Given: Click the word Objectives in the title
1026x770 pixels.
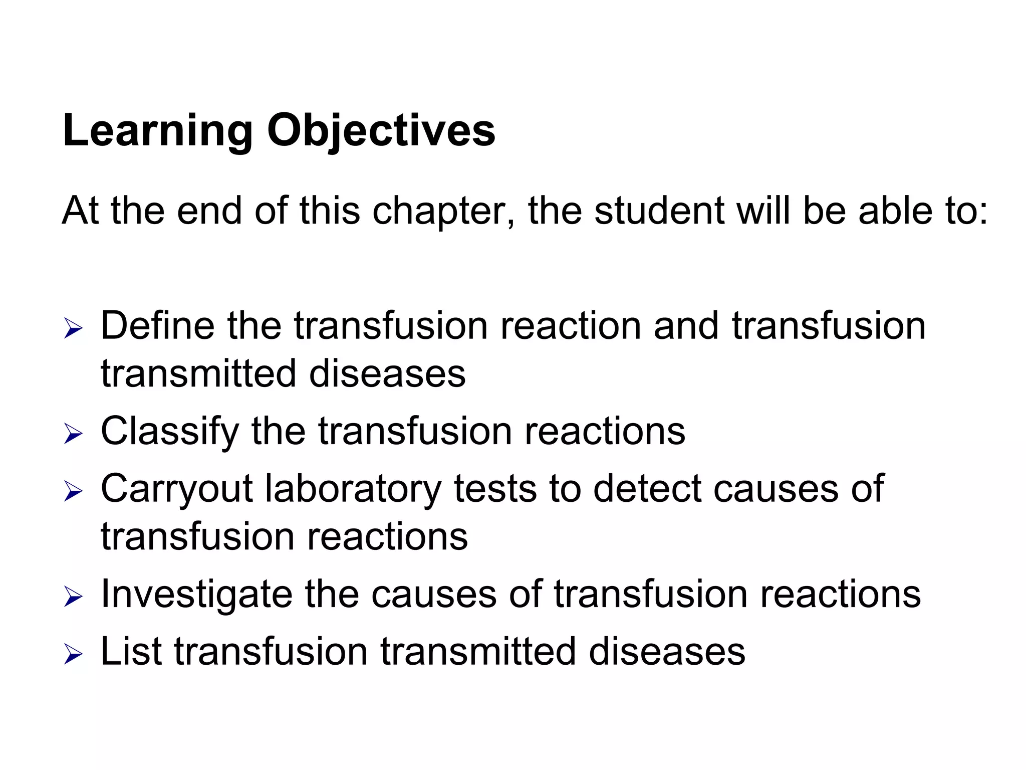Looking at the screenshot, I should point(381,131).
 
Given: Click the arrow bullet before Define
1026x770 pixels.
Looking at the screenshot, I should point(73,330).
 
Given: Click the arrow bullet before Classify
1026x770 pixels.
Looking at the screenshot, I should point(73,434).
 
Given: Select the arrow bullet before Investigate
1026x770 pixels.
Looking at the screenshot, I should point(73,597).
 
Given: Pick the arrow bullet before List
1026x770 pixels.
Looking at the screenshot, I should point(73,654).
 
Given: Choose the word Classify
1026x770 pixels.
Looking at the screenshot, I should point(169,431).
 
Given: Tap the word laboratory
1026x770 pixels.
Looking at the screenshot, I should point(353,489).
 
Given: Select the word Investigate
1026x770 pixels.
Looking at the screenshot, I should point(196,594).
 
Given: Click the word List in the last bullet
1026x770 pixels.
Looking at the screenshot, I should point(131,652).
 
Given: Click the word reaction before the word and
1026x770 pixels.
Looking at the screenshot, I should point(571,326).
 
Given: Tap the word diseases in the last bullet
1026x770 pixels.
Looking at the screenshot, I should point(666,652).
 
